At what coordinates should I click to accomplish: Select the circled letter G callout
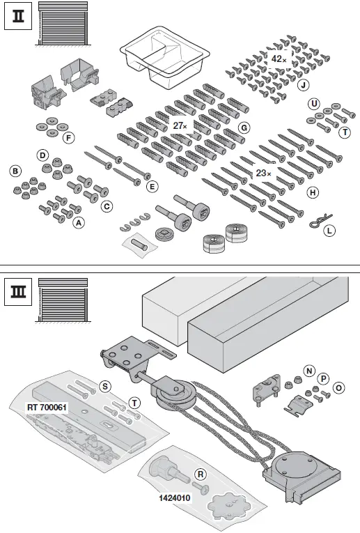pyautogui.click(x=243, y=128)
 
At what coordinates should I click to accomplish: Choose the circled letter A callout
pyautogui.click(x=79, y=222)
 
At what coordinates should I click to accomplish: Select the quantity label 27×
pyautogui.click(x=180, y=125)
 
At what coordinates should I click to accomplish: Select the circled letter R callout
pyautogui.click(x=201, y=473)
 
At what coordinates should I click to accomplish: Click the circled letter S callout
pyautogui.click(x=105, y=385)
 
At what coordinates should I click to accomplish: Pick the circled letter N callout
pyautogui.click(x=309, y=369)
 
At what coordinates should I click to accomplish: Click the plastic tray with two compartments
pyautogui.click(x=166, y=56)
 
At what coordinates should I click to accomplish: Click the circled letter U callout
pyautogui.click(x=314, y=103)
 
